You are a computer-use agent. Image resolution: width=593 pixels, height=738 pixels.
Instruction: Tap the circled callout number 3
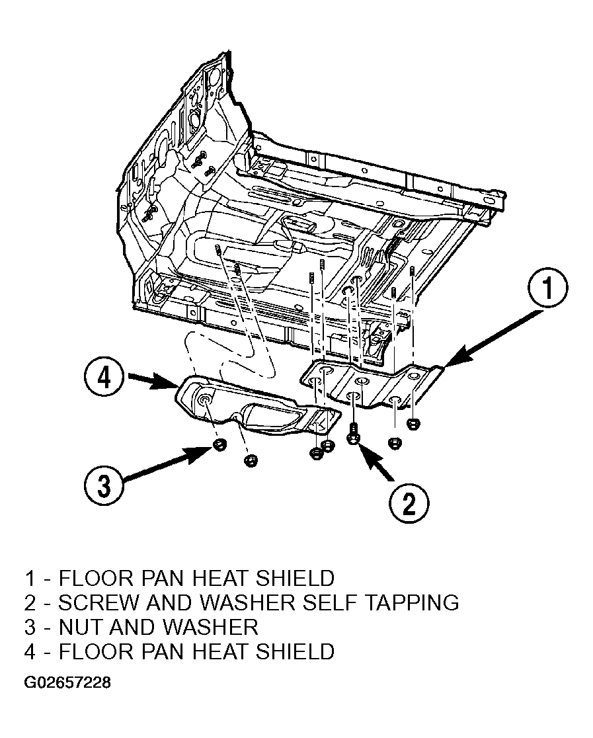tap(104, 485)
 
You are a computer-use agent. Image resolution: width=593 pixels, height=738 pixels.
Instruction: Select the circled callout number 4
tap(104, 378)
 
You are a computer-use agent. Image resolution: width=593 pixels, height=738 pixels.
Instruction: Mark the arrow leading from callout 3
tap(167, 464)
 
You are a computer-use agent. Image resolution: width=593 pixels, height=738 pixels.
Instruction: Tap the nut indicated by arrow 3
tap(219, 443)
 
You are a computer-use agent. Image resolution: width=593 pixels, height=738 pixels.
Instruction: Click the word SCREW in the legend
tap(98, 603)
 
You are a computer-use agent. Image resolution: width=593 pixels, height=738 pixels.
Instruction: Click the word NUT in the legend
tap(81, 628)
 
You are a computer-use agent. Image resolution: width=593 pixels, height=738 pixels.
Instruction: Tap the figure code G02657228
tap(67, 682)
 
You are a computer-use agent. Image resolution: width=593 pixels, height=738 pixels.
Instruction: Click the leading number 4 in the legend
tap(30, 652)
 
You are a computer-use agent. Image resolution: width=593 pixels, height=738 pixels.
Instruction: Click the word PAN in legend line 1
tap(161, 578)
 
